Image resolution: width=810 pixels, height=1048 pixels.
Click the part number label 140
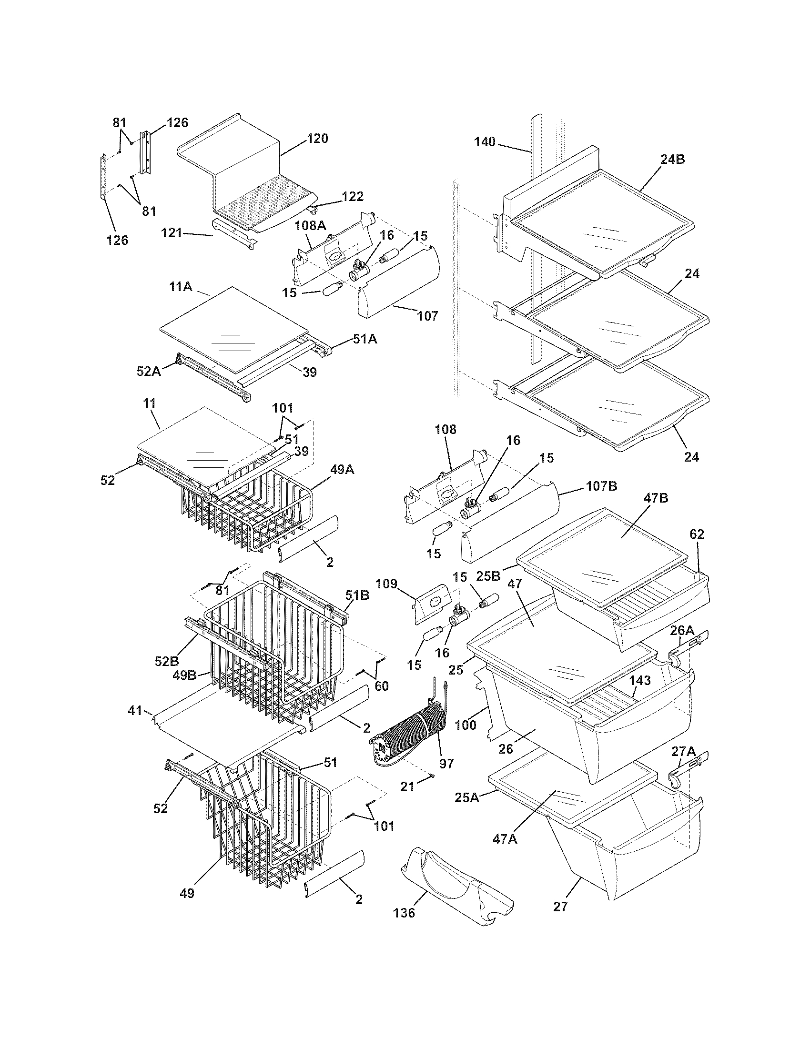(x=485, y=142)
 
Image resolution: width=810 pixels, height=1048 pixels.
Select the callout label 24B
(x=672, y=160)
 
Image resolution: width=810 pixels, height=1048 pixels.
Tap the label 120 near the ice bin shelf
(x=317, y=139)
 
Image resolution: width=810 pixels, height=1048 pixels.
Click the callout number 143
(x=639, y=680)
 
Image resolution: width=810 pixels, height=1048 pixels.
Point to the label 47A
(x=505, y=839)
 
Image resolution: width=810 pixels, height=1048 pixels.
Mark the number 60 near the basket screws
(x=382, y=686)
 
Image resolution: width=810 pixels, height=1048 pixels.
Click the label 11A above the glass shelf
(x=181, y=287)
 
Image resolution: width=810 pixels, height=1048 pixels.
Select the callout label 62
(x=697, y=534)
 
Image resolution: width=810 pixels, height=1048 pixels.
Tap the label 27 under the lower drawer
(x=560, y=907)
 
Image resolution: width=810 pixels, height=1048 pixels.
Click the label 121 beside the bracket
(x=172, y=233)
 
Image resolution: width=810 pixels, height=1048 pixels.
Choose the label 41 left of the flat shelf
(x=135, y=710)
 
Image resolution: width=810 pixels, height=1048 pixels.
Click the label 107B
(x=601, y=486)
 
